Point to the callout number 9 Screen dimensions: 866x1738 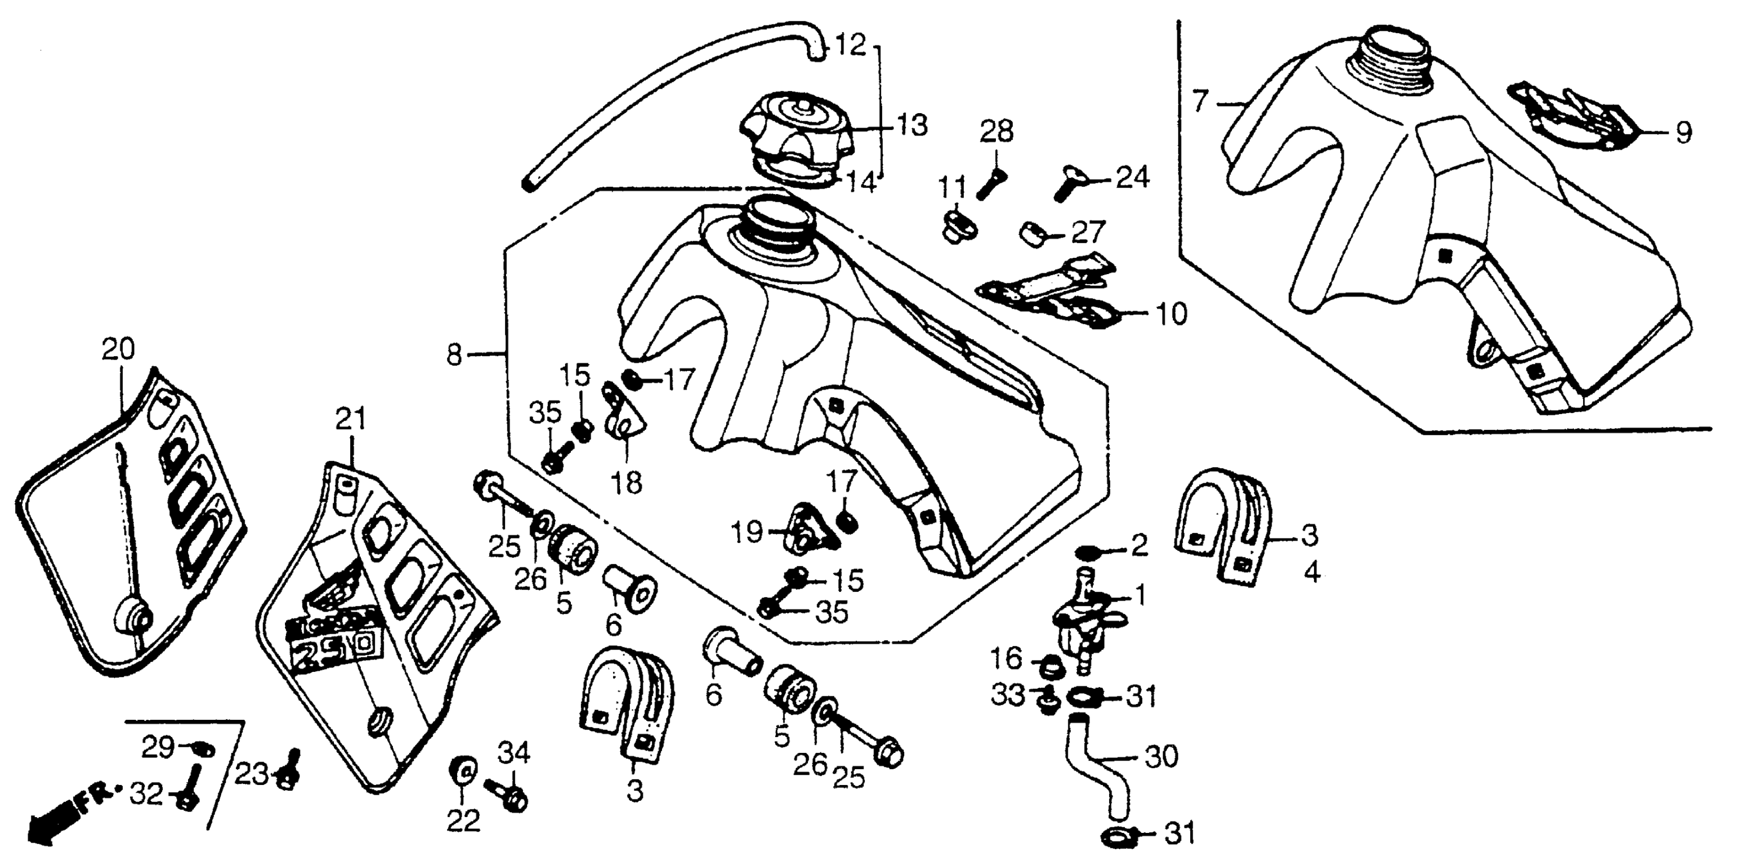click(1683, 133)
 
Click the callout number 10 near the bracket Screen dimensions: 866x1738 click(1171, 314)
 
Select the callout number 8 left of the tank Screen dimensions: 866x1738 click(454, 354)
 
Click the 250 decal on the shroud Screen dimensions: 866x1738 click(331, 647)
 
